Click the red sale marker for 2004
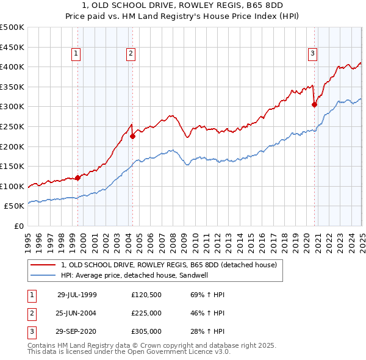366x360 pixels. pyautogui.click(x=132, y=137)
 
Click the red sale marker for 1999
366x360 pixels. pyautogui.click(x=78, y=178)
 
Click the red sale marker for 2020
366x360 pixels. pyautogui.click(x=314, y=105)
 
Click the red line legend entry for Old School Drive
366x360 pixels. pyautogui.click(x=169, y=265)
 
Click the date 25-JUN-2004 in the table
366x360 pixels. pyautogui.click(x=76, y=313)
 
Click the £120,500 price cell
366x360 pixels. pyautogui.click(x=146, y=295)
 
